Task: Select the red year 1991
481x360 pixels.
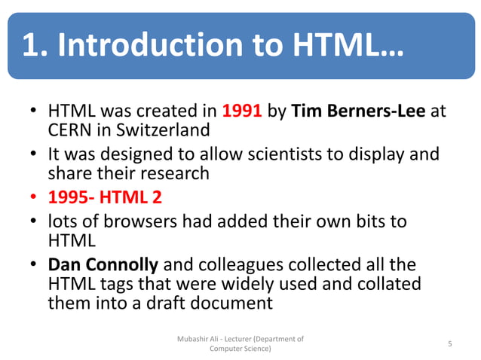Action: coord(242,111)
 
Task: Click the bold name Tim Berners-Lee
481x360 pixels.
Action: coord(359,111)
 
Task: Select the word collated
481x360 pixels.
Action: coord(389,285)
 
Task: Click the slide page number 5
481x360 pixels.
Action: coord(450,344)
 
